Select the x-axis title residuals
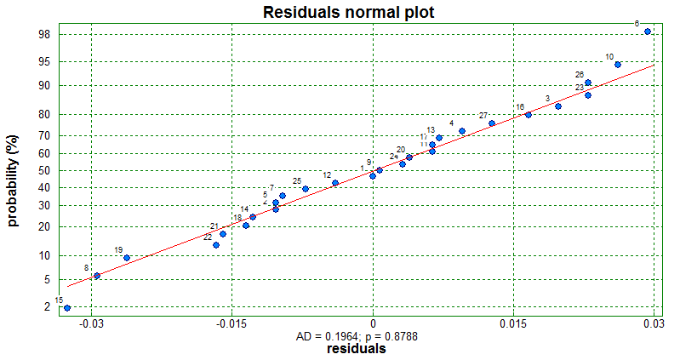pyautogui.click(x=357, y=349)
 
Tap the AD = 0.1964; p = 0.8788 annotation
pyautogui.click(x=357, y=337)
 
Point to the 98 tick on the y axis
pyautogui.click(x=44, y=35)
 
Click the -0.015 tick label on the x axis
pyautogui.click(x=231, y=324)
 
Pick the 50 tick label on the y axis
pyautogui.click(x=44, y=170)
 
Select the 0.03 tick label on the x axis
pyautogui.click(x=653, y=324)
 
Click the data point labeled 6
pyautogui.click(x=648, y=31)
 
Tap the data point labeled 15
pyautogui.click(x=67, y=307)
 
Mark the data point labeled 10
pyautogui.click(x=618, y=65)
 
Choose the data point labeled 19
pyautogui.click(x=127, y=258)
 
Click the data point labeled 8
pyautogui.click(x=97, y=276)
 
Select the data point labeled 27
pyautogui.click(x=492, y=123)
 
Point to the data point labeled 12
pyautogui.click(x=335, y=183)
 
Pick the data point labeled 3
pyautogui.click(x=558, y=106)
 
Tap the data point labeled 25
pyautogui.click(x=306, y=189)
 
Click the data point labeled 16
pyautogui.click(x=529, y=115)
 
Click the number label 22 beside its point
pyautogui.click(x=208, y=237)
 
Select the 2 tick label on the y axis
pyautogui.click(x=47, y=307)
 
